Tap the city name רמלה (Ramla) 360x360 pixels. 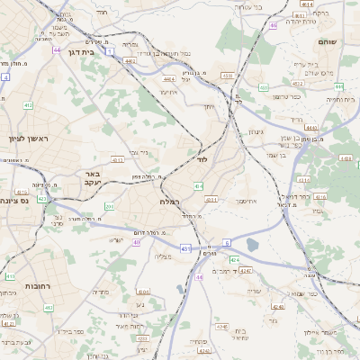click(169, 202)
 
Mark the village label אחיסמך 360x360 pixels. click(244, 200)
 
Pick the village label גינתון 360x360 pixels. click(254, 131)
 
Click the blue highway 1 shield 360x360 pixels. click(109, 51)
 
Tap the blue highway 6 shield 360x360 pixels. click(228, 241)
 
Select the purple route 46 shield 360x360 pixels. click(272, 25)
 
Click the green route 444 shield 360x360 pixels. click(339, 85)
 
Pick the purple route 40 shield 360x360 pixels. click(137, 242)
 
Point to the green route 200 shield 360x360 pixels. click(109, 207)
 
